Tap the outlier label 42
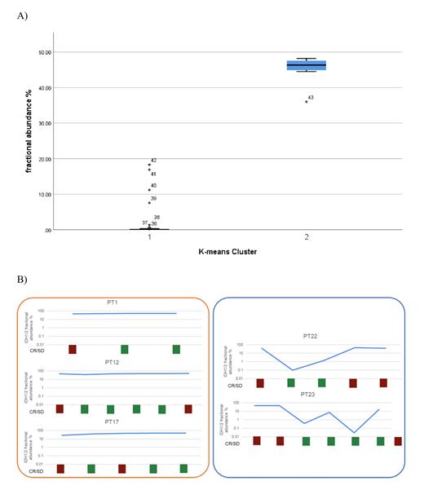153,161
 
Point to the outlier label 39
153,198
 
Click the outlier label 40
153,186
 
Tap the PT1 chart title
113,302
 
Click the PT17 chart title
113,421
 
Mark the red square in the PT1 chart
72,350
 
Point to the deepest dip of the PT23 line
355,432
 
